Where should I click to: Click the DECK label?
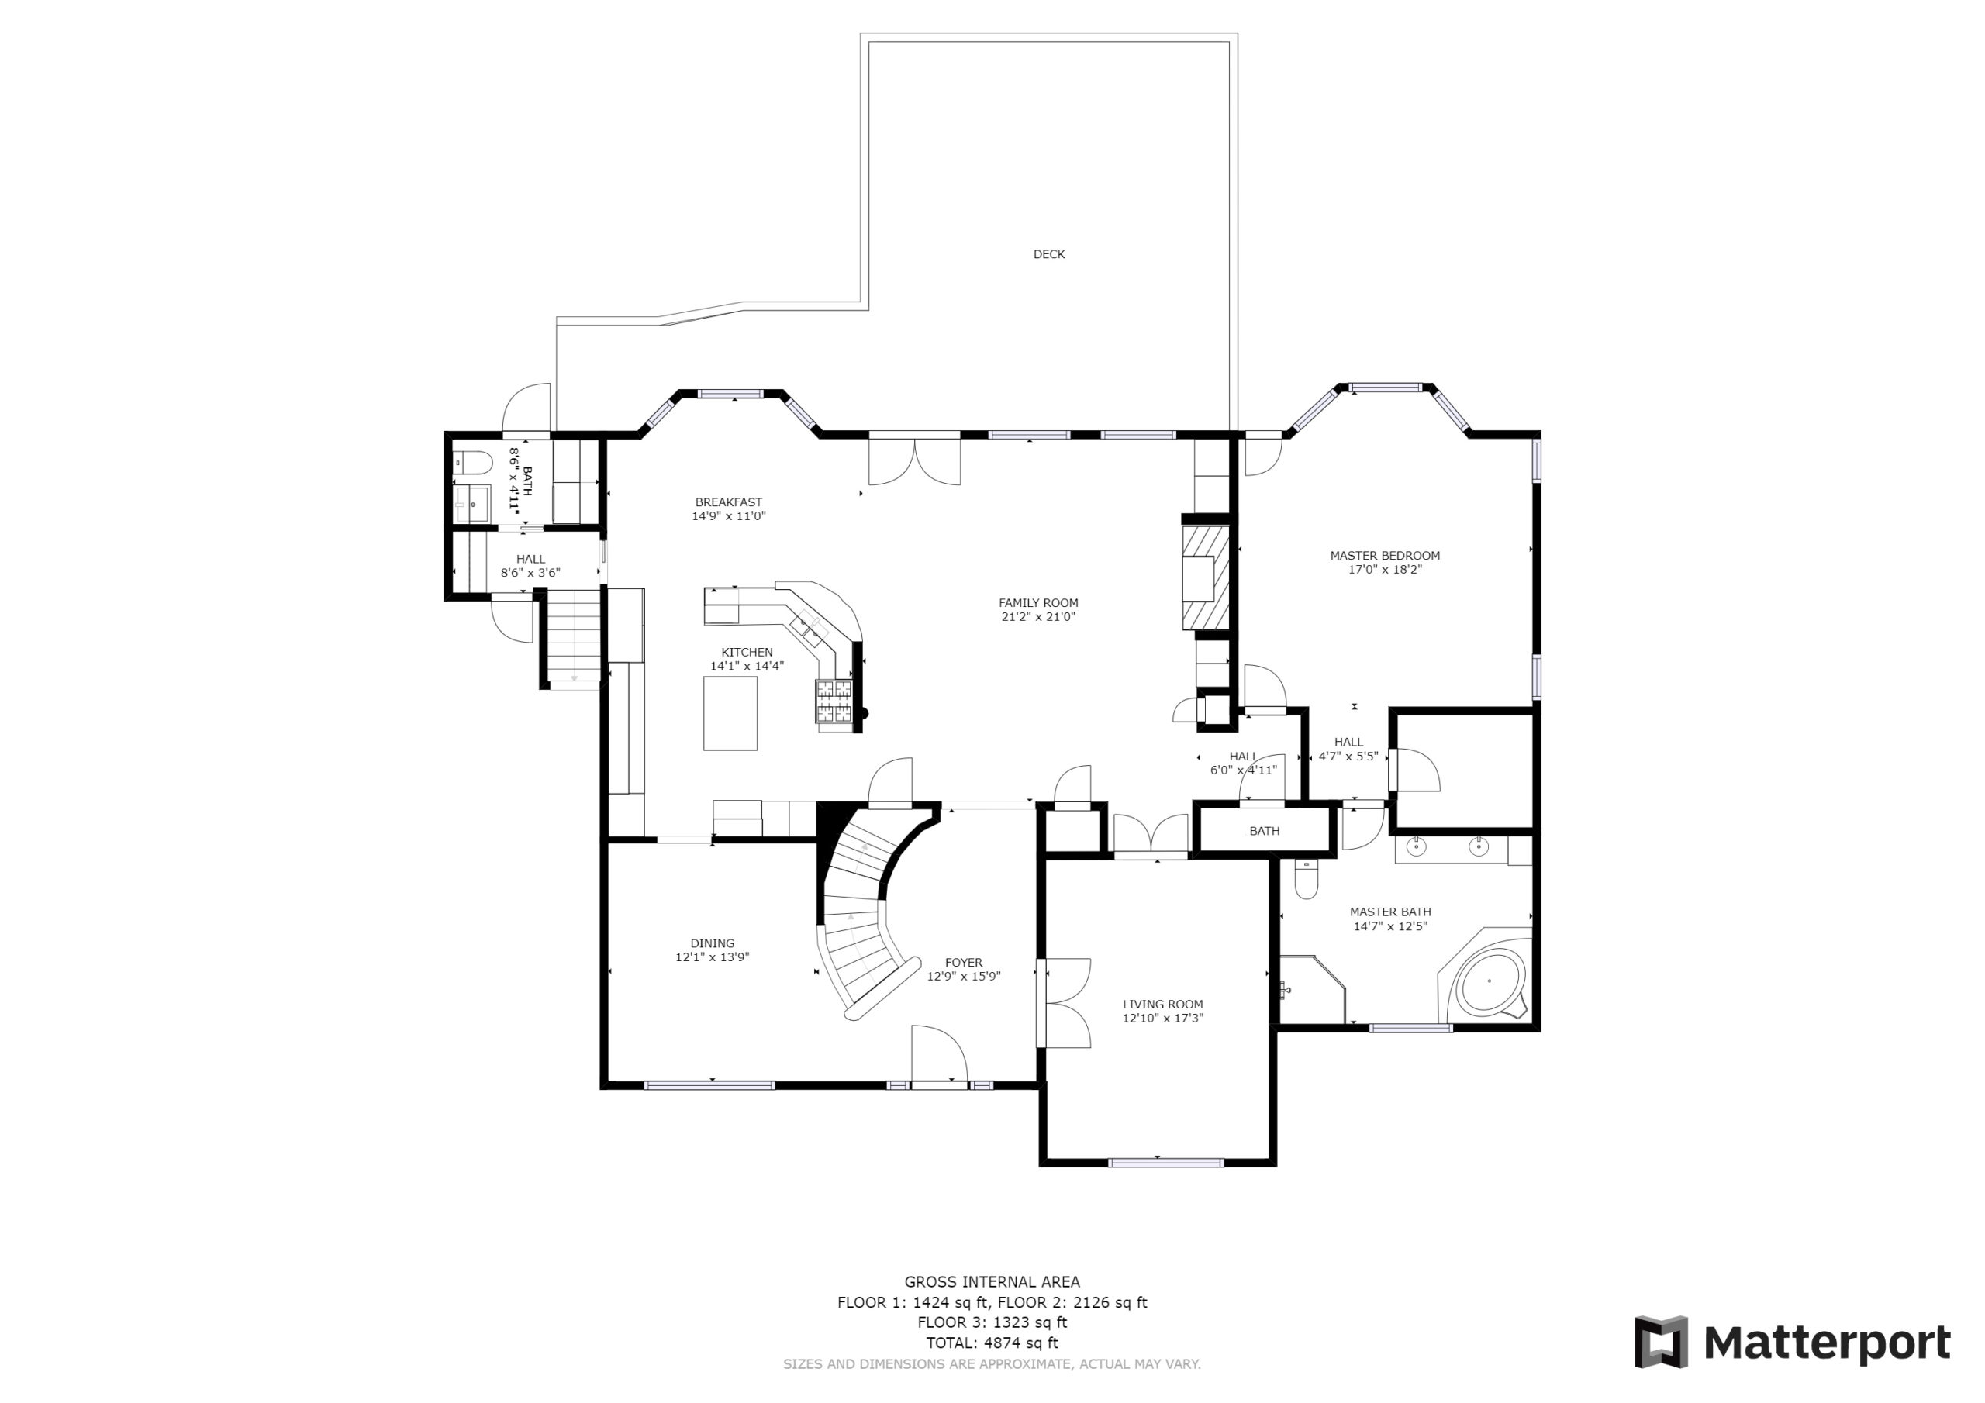(x=1048, y=254)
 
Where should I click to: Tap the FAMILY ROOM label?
(x=1038, y=602)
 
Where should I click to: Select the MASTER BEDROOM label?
(x=1385, y=555)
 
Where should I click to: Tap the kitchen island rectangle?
(x=730, y=713)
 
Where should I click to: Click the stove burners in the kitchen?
(x=834, y=701)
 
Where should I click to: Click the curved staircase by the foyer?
(x=865, y=916)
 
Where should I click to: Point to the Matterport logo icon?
(x=1661, y=1343)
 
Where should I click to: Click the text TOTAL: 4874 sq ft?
(x=992, y=1343)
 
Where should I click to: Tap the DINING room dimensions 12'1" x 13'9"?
(x=713, y=957)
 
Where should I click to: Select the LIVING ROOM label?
(x=1163, y=1004)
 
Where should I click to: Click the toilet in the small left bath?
(x=472, y=464)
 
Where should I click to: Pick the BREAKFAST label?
(x=729, y=502)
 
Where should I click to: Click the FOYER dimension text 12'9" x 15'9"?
(x=964, y=976)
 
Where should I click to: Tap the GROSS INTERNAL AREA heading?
(x=992, y=1282)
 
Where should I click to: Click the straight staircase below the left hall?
(x=574, y=639)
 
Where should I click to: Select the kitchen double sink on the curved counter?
(x=810, y=628)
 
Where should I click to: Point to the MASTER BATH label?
(x=1390, y=911)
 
